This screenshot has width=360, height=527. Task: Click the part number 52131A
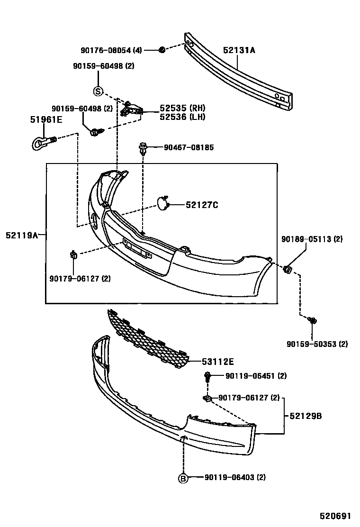tap(239, 50)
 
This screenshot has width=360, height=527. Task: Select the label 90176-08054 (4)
tap(111, 50)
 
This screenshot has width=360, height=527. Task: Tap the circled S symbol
tap(98, 91)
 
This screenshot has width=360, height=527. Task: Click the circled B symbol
tap(183, 478)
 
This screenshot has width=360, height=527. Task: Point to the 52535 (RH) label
tap(182, 108)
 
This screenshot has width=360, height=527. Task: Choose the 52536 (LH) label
tap(182, 117)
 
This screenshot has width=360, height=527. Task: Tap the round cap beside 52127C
tap(163, 204)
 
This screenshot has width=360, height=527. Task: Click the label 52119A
tap(22, 234)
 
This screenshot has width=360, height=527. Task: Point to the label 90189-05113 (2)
tap(312, 239)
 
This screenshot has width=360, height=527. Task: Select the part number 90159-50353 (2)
tap(317, 344)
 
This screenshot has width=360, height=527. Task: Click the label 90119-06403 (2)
tap(235, 478)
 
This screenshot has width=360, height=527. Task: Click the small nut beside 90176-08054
tap(161, 50)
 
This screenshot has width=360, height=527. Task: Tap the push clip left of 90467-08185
tap(143, 149)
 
